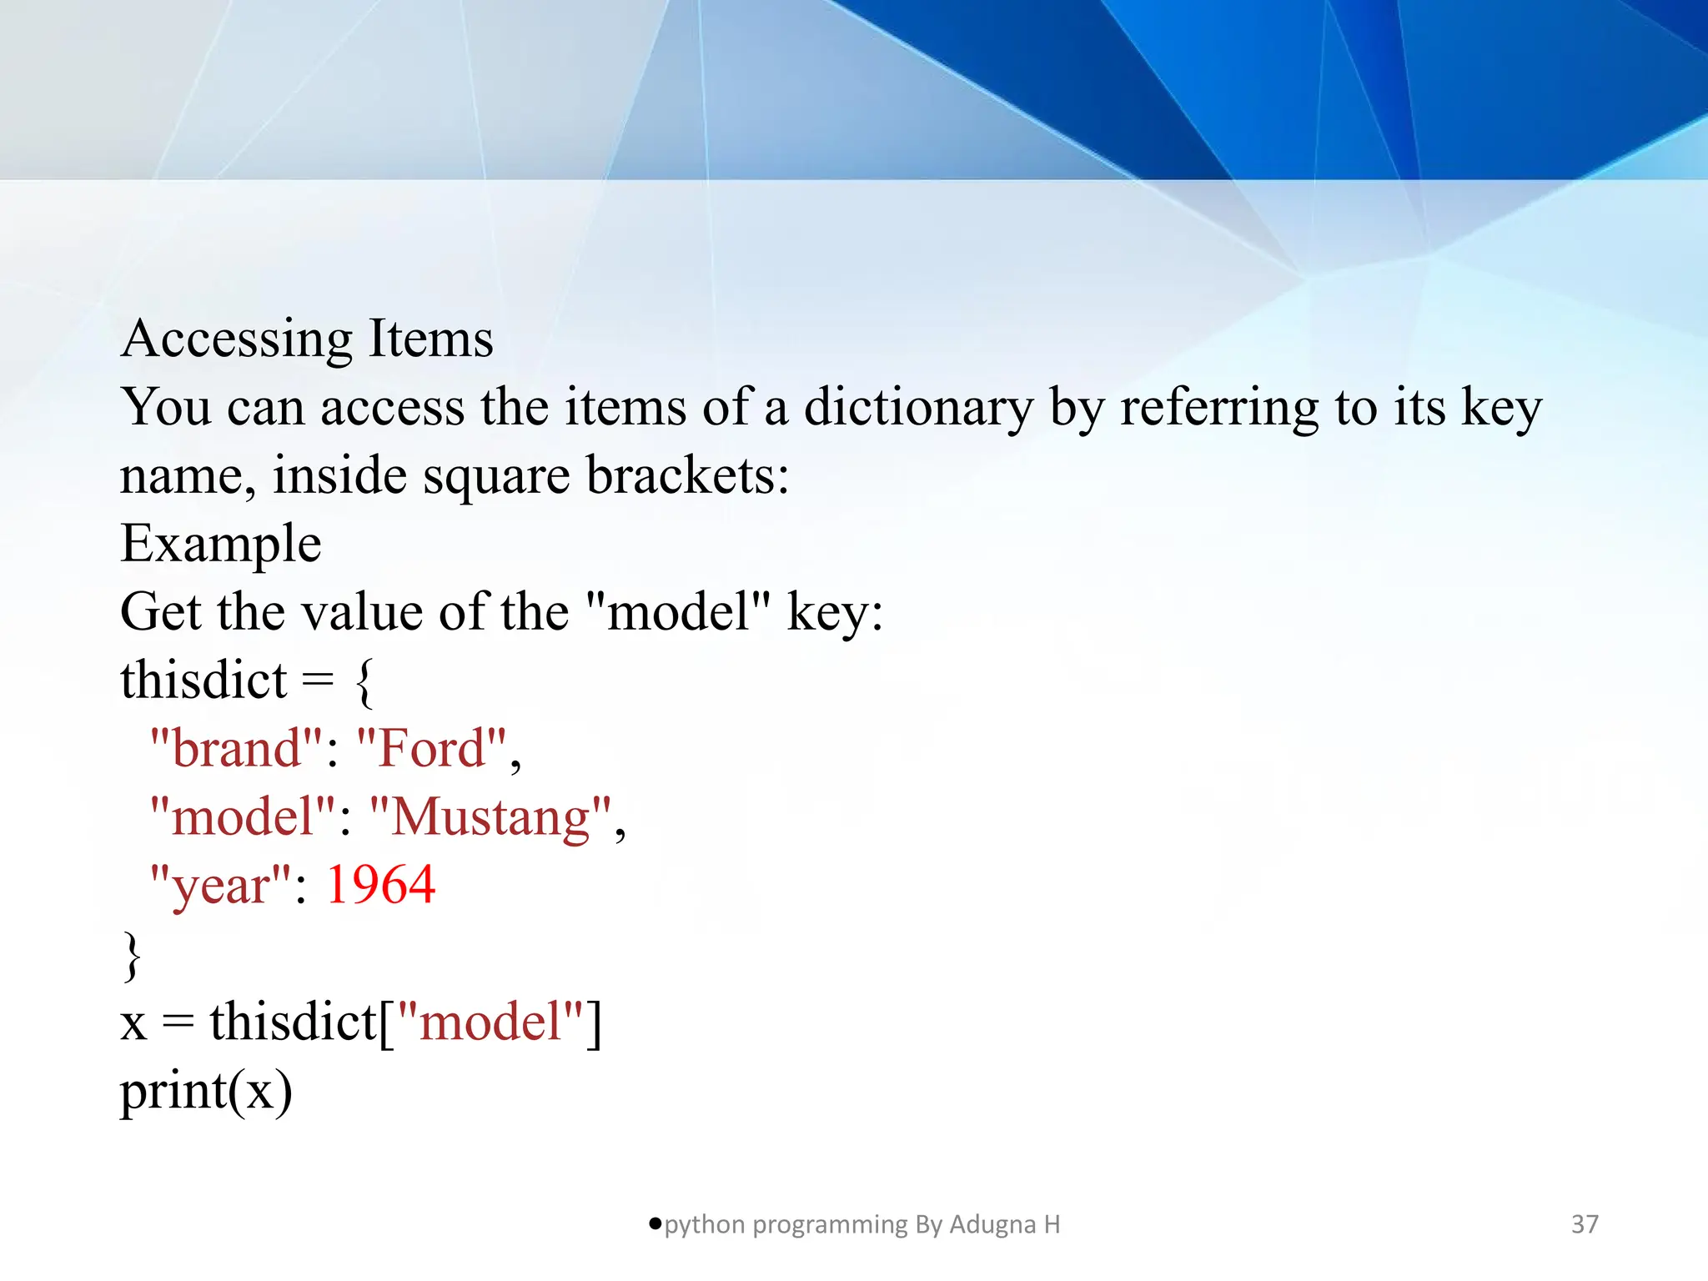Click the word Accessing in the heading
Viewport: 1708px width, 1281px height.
tap(237, 339)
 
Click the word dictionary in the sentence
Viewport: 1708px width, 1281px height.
tap(918, 408)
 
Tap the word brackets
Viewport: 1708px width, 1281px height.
tap(686, 476)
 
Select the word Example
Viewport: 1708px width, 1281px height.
tap(221, 544)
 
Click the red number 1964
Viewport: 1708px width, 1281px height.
tap(380, 885)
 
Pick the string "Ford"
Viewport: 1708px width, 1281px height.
tap(431, 748)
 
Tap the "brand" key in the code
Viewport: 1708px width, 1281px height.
tap(235, 748)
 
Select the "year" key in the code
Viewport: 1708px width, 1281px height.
tap(220, 885)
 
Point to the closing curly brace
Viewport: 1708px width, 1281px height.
tap(132, 955)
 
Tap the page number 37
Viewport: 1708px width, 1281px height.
tap(1585, 1224)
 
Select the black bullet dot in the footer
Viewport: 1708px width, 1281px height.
tap(655, 1223)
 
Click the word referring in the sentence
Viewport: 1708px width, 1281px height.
tap(1218, 408)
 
